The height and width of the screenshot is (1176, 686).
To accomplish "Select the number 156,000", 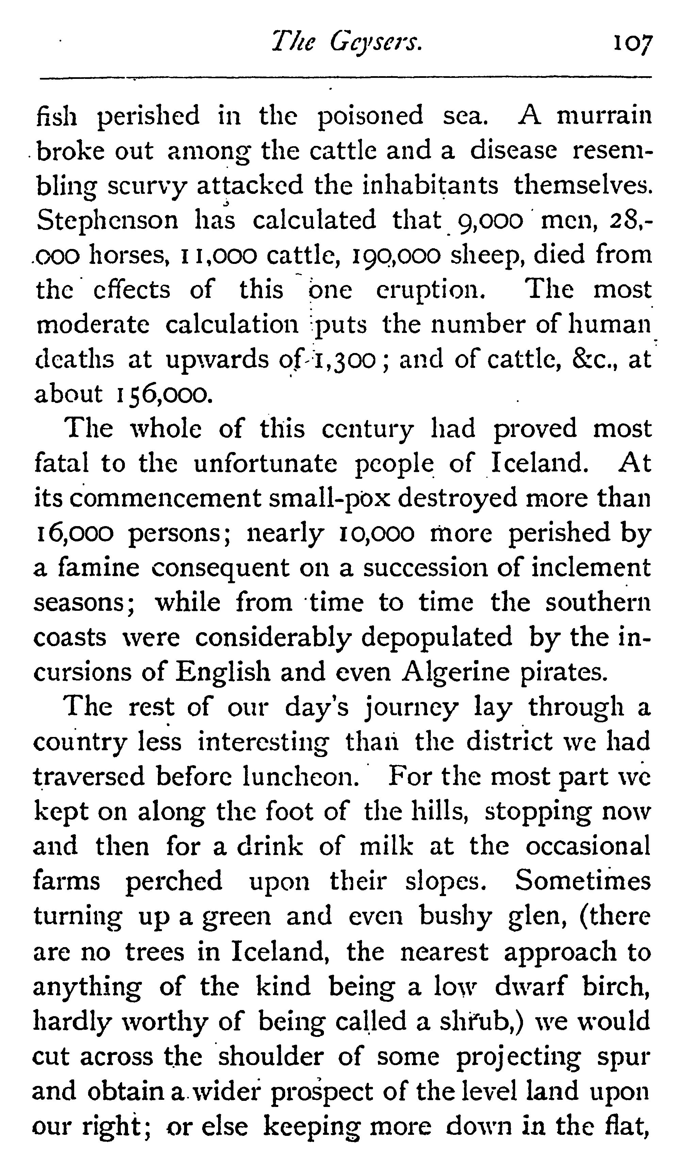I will pyautogui.click(x=162, y=395).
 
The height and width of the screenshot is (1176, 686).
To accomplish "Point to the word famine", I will pyautogui.click(x=99, y=568).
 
